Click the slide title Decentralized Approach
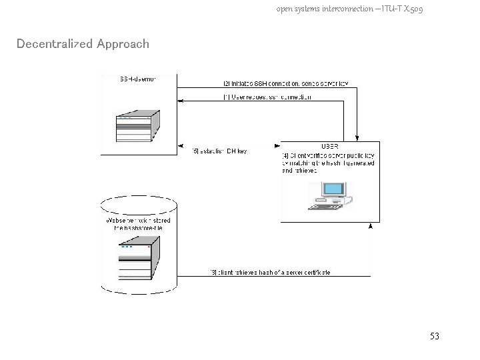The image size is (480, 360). [x=83, y=44]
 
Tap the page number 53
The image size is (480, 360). [x=434, y=337]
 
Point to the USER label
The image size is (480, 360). [x=329, y=146]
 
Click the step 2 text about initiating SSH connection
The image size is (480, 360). [x=285, y=84]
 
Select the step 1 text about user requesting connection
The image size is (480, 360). [x=267, y=97]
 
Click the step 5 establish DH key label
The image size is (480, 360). [x=219, y=151]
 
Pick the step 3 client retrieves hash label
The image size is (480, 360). [x=270, y=273]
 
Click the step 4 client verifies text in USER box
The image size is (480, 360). [x=328, y=163]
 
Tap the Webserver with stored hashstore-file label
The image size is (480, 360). [x=138, y=224]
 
